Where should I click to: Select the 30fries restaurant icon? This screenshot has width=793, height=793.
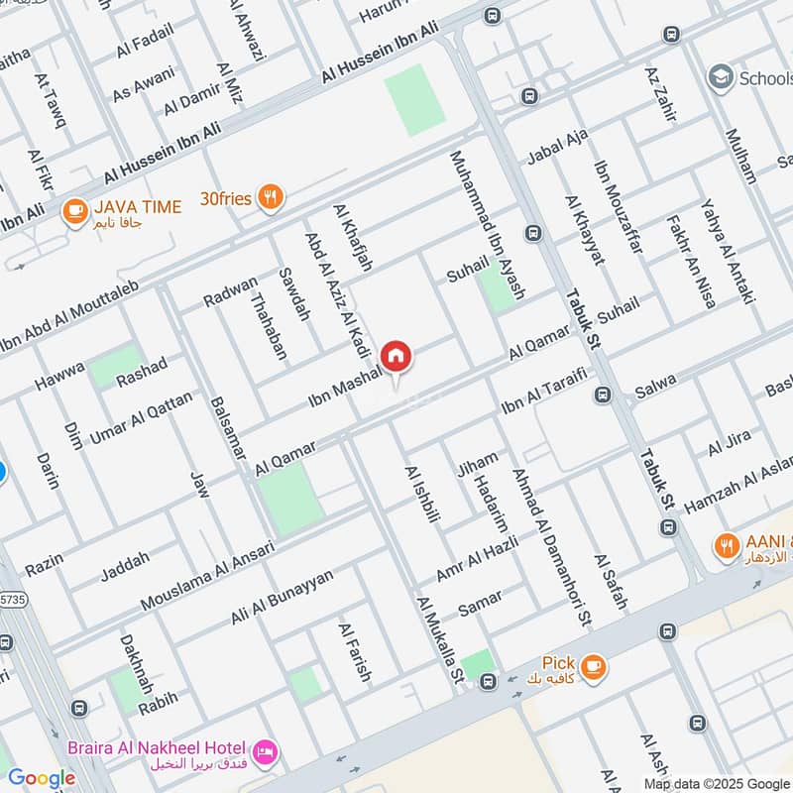pos(269,197)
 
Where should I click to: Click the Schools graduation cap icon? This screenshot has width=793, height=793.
pos(721,78)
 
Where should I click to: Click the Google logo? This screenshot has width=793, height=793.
pos(42,778)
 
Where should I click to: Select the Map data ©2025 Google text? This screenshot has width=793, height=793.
pos(711,782)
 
